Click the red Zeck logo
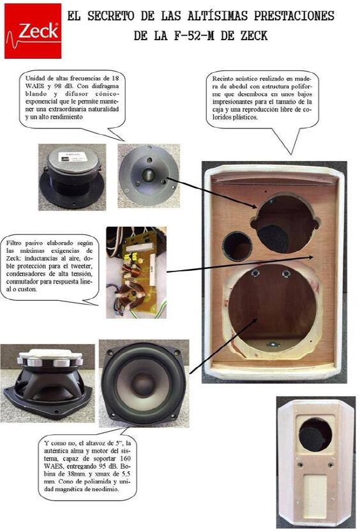point(33,31)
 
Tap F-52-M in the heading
point(194,35)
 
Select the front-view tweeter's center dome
point(149,175)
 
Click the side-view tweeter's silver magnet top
point(73,160)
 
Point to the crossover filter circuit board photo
point(136,273)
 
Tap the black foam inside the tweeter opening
point(274,238)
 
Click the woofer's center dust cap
point(142,383)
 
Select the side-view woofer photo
point(47,383)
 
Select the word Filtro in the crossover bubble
point(14,243)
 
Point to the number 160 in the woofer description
point(125,459)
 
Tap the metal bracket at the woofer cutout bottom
point(273,345)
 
